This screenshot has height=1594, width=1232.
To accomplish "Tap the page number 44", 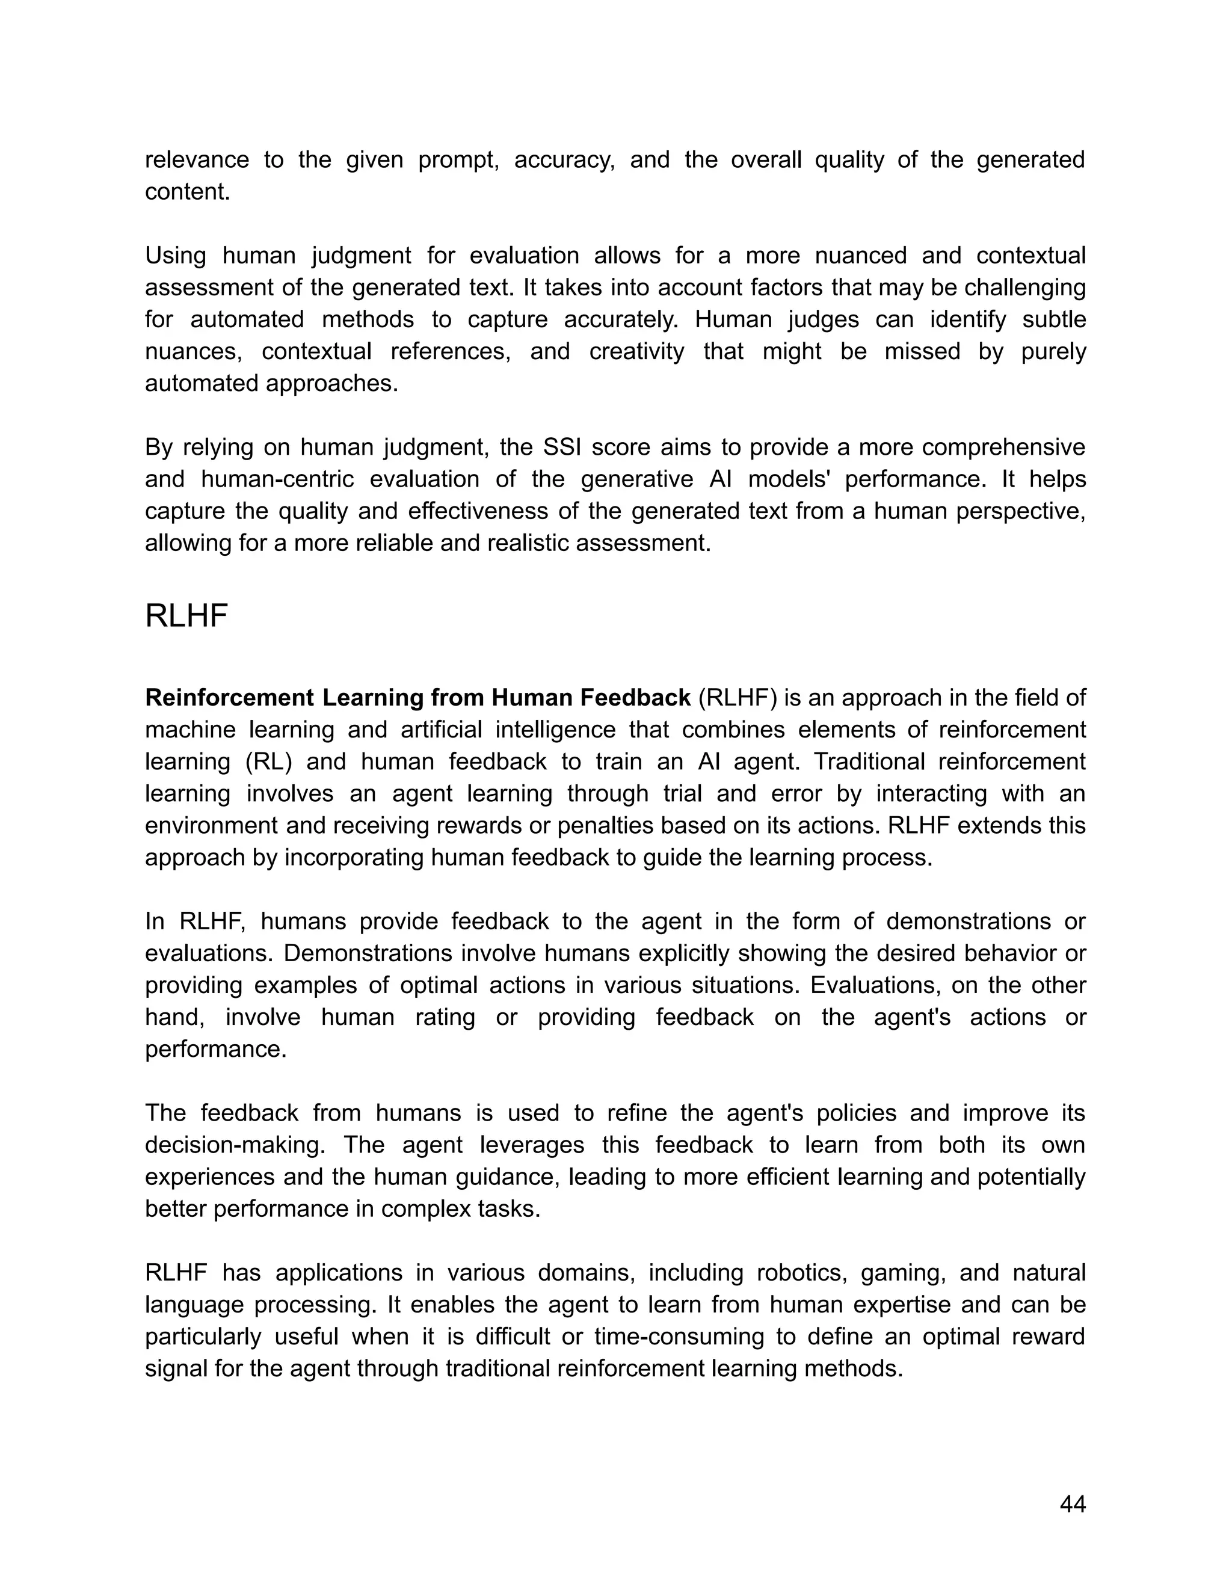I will (1072, 1504).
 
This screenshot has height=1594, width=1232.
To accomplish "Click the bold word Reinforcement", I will (230, 698).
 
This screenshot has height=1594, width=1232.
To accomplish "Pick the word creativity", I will (636, 352).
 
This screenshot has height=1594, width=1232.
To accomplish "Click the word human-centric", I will (278, 479).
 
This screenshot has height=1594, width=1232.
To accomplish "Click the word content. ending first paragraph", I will (188, 192).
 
